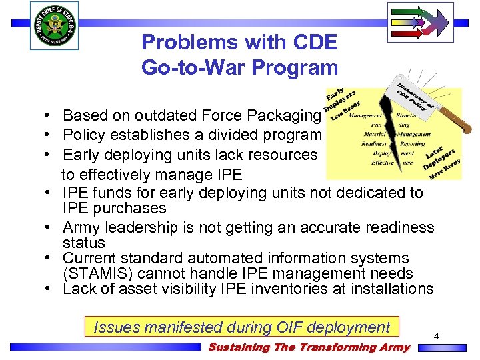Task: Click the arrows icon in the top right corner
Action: (420, 22)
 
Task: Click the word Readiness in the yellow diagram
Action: (374, 143)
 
